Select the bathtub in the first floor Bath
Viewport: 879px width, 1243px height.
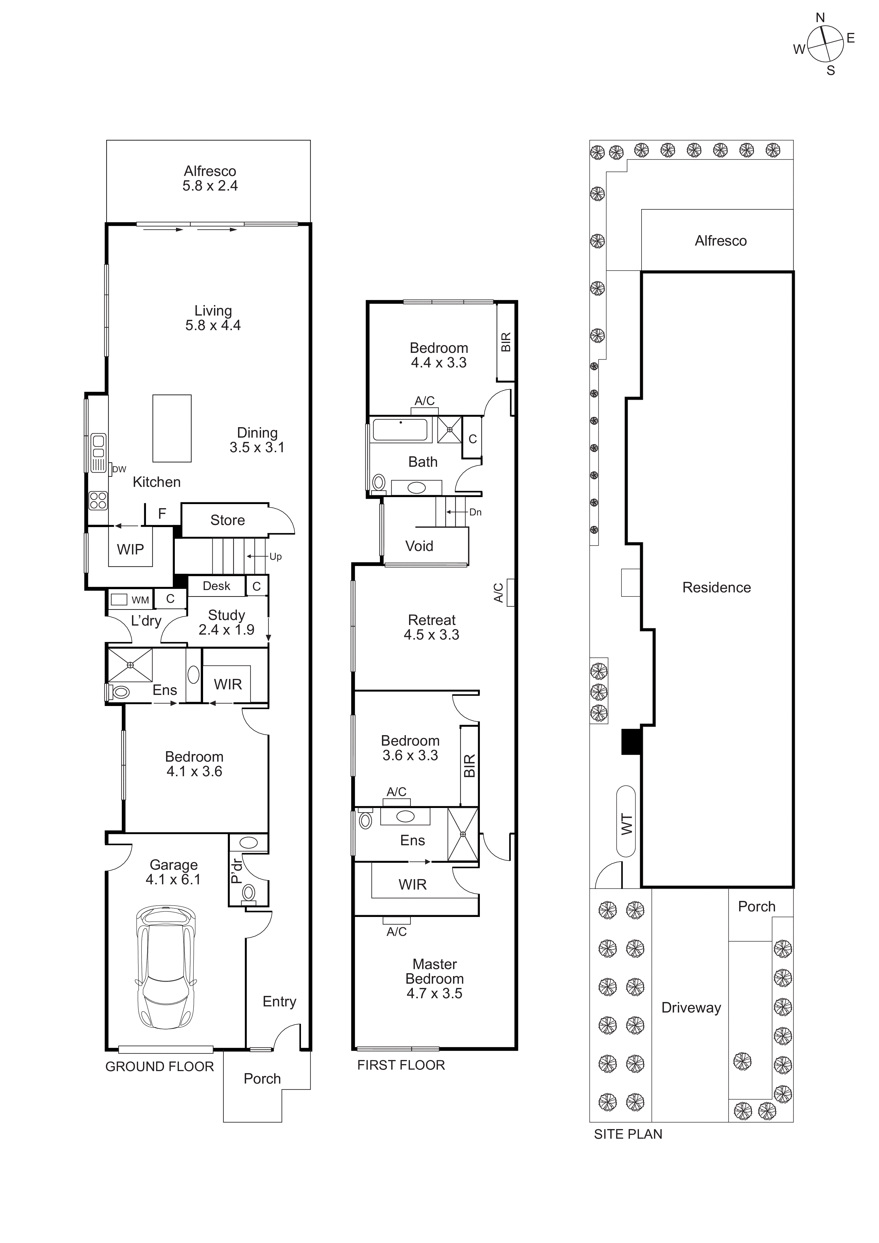click(401, 430)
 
